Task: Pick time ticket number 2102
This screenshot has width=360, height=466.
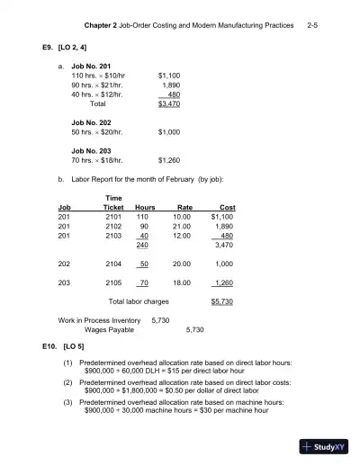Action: coord(113,226)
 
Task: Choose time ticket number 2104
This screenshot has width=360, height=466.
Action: coord(113,264)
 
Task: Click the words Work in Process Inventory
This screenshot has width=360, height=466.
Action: coord(99,320)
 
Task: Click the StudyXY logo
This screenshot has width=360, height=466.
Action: coord(325,446)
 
